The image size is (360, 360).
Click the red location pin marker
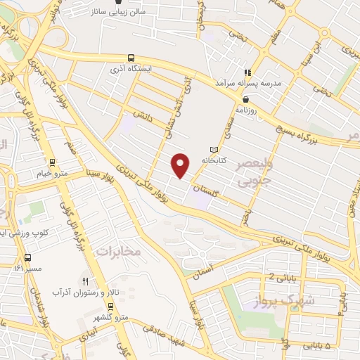point(181,165)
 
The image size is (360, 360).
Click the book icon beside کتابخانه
point(214,149)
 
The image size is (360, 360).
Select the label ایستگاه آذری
point(131,72)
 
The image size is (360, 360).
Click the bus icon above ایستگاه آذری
point(131,59)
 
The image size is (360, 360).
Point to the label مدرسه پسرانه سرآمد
point(251,84)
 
